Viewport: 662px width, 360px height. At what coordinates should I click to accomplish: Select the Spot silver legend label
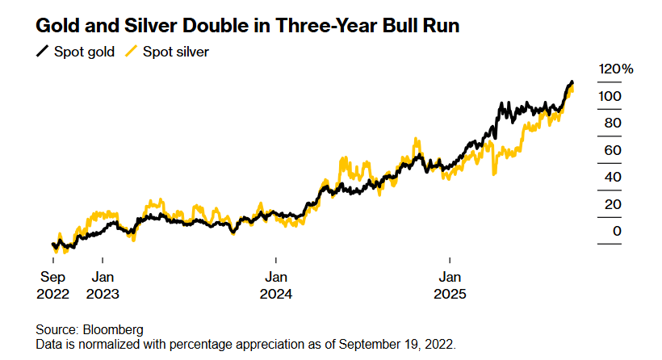[x=176, y=52]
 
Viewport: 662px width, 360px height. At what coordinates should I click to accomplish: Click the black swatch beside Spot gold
[x=42, y=52]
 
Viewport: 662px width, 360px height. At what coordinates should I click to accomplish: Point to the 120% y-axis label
[x=615, y=69]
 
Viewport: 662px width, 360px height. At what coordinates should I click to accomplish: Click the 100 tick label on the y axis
[x=610, y=96]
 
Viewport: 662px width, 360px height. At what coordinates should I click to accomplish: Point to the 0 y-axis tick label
[x=618, y=232]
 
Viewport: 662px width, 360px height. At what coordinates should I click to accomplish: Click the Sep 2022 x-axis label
[x=53, y=286]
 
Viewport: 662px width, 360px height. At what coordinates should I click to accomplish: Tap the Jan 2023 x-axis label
[x=103, y=286]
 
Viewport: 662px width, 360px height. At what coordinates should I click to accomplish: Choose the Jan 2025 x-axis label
[x=450, y=286]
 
